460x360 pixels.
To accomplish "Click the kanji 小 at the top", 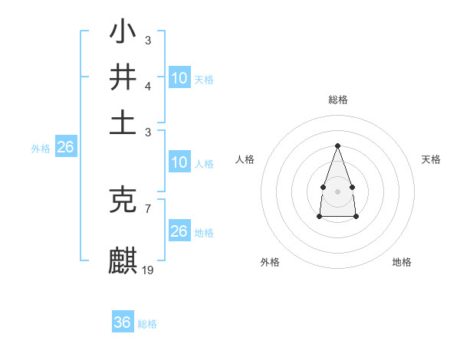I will point(123,33).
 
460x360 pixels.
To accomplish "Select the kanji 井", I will point(123,77).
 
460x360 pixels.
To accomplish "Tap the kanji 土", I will point(123,123).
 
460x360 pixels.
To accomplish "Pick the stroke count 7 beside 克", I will point(148,208).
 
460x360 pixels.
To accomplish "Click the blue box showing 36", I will point(123,322).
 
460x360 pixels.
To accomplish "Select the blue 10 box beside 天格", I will point(179,78).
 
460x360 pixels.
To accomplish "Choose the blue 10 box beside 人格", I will point(179,162).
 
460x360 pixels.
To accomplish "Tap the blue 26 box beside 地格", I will point(179,231).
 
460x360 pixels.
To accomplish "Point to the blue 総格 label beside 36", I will point(147,324).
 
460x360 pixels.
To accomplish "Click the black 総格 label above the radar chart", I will point(337,100).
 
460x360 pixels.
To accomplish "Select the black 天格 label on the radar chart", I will point(431,159).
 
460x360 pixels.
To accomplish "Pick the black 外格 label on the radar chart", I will point(270,262).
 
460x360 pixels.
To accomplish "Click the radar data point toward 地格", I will point(356,217).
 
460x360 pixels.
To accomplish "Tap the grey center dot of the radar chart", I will point(337,190).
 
